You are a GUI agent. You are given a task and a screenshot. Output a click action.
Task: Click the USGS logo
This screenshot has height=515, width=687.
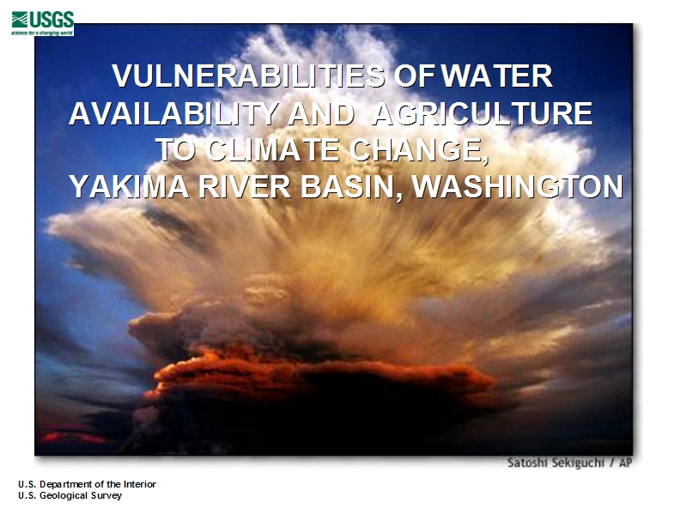(x=42, y=23)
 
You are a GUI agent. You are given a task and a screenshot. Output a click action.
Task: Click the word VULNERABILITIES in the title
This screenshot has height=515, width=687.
(x=248, y=76)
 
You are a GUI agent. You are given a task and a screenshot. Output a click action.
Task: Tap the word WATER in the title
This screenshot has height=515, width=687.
(x=496, y=76)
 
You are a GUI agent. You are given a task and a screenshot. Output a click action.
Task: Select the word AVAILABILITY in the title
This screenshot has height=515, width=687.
(x=174, y=113)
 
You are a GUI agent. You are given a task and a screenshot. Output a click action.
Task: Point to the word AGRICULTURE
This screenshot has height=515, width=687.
(x=482, y=113)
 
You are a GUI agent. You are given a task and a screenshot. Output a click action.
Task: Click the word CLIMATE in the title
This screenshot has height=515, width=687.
(x=272, y=149)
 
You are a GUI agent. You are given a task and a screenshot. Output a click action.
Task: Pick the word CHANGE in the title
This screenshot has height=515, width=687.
(x=418, y=151)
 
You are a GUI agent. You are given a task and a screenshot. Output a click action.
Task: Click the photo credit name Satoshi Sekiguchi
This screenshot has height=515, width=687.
(x=556, y=463)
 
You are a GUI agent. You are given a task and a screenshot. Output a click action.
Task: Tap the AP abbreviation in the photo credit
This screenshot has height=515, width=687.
(x=625, y=463)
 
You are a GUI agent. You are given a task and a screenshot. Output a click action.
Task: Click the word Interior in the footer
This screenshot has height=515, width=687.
(x=140, y=484)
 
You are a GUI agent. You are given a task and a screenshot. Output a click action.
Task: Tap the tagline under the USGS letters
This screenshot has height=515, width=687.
(x=42, y=33)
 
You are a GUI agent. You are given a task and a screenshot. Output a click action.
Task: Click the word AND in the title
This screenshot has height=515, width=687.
(x=321, y=113)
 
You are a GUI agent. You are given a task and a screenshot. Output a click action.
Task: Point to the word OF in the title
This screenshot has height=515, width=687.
(x=414, y=76)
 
